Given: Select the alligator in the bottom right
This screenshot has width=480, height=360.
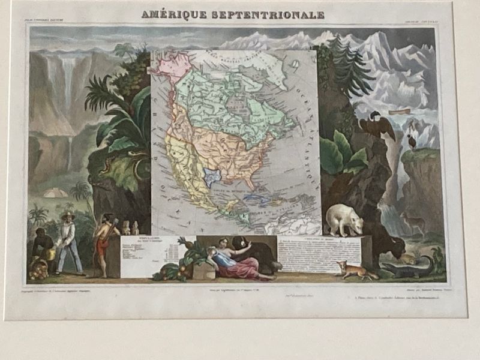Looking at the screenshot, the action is (408, 267).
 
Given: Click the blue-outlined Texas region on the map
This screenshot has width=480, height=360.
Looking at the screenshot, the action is (212, 176).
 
